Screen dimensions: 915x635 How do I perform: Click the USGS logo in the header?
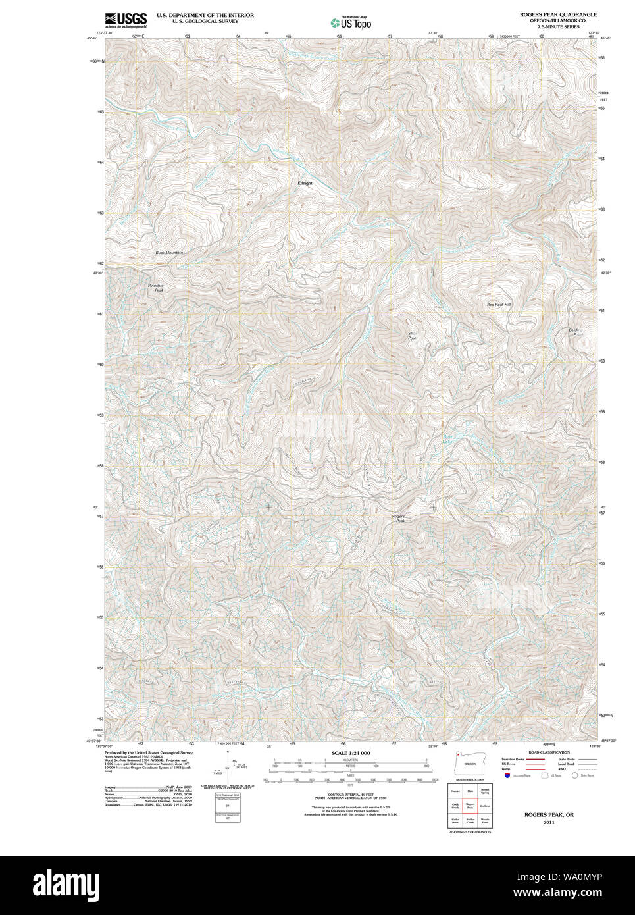[x=126, y=20]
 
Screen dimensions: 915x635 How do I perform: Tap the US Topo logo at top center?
[x=351, y=22]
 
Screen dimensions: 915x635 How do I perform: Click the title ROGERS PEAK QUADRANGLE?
[x=558, y=14]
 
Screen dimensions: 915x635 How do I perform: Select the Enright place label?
[x=305, y=183]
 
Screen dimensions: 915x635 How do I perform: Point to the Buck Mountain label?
[x=169, y=253]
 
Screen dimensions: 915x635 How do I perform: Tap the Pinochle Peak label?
[x=155, y=288]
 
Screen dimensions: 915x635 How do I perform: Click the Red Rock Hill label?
[x=498, y=305]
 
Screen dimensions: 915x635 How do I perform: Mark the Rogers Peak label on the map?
[x=398, y=519]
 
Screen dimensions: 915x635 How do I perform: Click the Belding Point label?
[x=576, y=332]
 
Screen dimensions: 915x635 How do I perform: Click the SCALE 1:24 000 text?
[x=350, y=753]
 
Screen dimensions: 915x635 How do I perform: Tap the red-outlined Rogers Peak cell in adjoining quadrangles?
[x=470, y=805]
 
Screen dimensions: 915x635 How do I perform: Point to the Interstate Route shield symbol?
[x=507, y=775]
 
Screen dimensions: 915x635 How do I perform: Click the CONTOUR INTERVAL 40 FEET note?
[x=350, y=795]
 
